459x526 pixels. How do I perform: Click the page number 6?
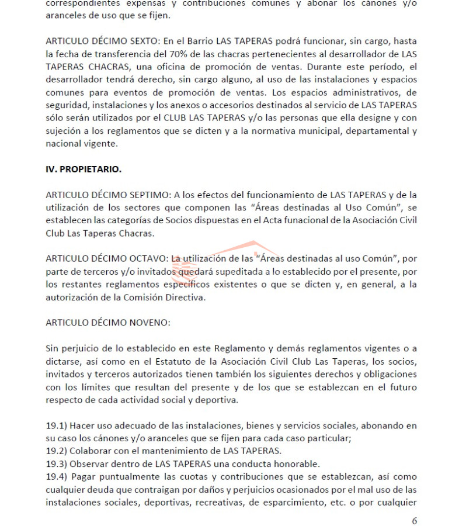pos(415,521)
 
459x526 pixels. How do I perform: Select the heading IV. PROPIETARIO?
pos(84,169)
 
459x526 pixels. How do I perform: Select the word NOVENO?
pos(148,322)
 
